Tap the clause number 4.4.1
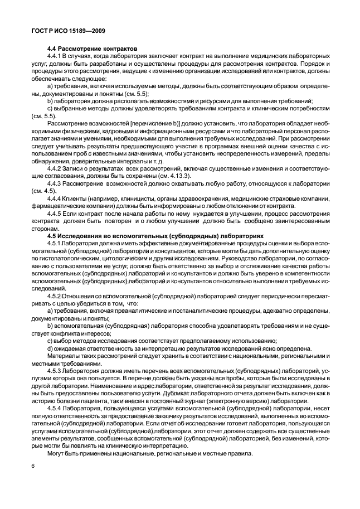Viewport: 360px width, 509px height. (x=54, y=57)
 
